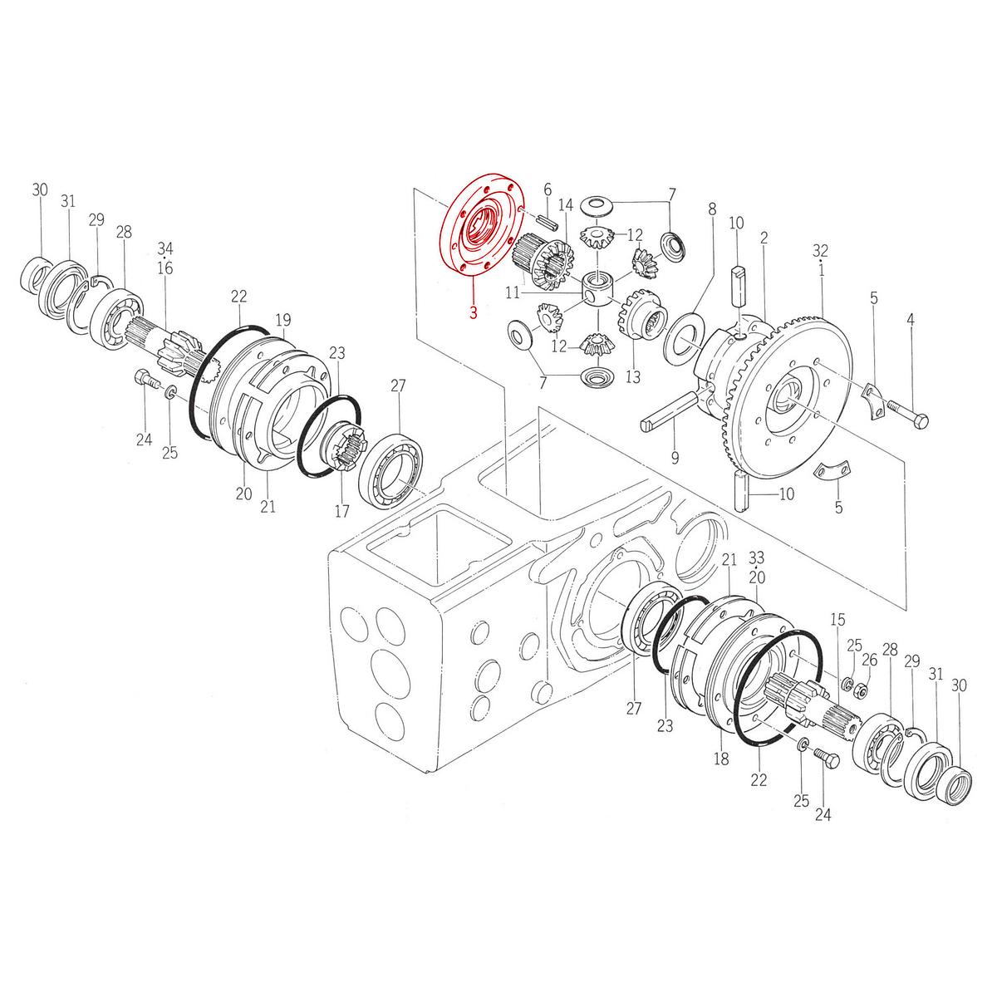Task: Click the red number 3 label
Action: [x=473, y=312]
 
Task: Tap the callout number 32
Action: [x=820, y=251]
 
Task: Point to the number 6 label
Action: [x=548, y=190]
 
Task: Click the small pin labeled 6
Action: [x=547, y=219]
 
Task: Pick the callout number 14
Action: [x=566, y=205]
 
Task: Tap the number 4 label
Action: [x=910, y=319]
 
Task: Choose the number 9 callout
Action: [x=675, y=457]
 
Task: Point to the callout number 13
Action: [x=633, y=376]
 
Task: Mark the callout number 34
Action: [x=165, y=249]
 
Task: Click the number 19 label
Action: [x=283, y=320]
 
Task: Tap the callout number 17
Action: [x=342, y=511]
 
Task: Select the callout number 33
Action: [x=756, y=557]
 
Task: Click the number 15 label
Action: [x=837, y=619]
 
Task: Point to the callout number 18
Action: [x=720, y=759]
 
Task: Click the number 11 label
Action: [x=513, y=293]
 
